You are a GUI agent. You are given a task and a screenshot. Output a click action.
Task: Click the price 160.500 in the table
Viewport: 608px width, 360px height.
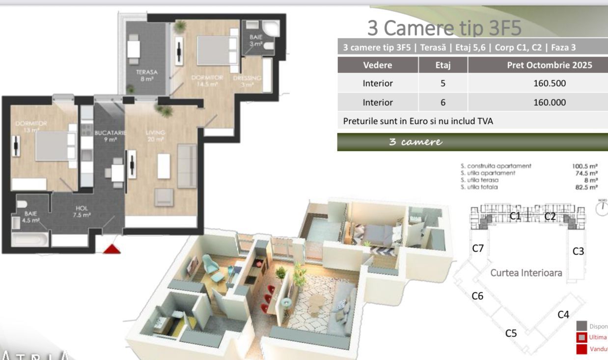[550, 83]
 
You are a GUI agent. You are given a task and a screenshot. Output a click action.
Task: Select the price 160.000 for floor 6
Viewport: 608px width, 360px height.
[550, 103]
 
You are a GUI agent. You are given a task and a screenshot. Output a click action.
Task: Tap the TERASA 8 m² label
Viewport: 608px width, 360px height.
[147, 75]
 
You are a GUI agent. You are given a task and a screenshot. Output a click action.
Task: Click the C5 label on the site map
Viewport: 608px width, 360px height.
[511, 333]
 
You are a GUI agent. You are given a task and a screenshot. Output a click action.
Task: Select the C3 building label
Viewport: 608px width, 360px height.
[578, 251]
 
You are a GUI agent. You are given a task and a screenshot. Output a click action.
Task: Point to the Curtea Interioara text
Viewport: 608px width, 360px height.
[526, 273]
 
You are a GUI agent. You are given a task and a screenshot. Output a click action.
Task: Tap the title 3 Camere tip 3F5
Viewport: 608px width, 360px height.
[444, 28]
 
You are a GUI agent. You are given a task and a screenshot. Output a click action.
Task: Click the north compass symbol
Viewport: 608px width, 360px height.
[602, 208]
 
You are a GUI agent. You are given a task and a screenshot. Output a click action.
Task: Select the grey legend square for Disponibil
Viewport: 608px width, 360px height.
[582, 326]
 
